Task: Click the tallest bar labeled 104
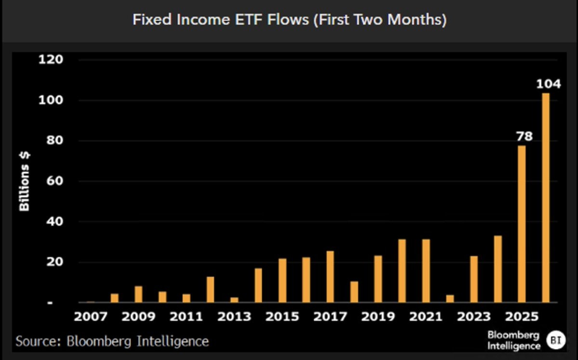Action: pyautogui.click(x=545, y=198)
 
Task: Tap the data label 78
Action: pyautogui.click(x=525, y=136)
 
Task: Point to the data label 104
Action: pyautogui.click(x=549, y=84)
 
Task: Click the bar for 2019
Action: pyautogui.click(x=378, y=279)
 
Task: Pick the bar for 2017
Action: pyautogui.click(x=330, y=277)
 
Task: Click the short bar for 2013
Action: pyautogui.click(x=235, y=300)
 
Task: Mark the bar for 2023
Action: pyautogui.click(x=474, y=279)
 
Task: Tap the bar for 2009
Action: pyautogui.click(x=139, y=294)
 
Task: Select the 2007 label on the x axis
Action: pyautogui.click(x=91, y=317)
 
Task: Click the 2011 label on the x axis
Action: pyautogui.click(x=186, y=317)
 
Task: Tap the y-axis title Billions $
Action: pyautogui.click(x=25, y=182)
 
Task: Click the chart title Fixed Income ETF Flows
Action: pyautogui.click(x=289, y=20)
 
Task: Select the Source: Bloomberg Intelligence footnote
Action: pyautogui.click(x=112, y=341)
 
